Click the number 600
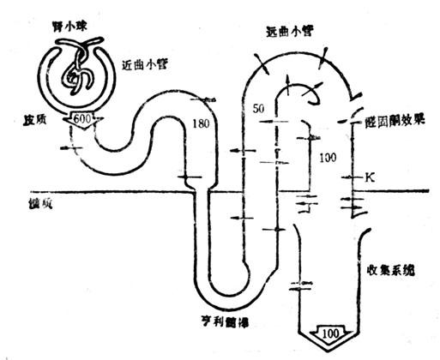coord(86,118)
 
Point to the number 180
coord(202,125)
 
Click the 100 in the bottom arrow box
coord(329,331)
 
